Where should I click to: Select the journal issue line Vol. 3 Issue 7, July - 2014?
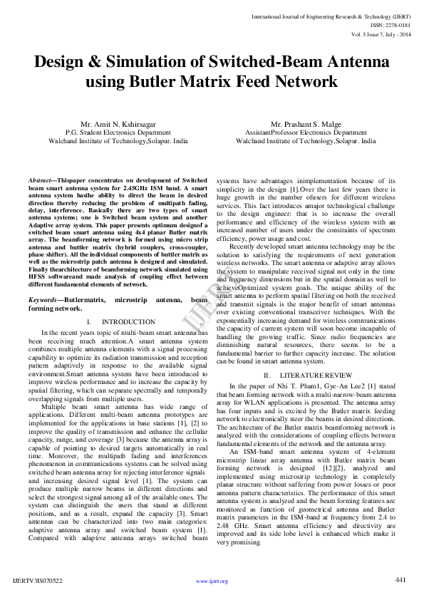click(381, 33)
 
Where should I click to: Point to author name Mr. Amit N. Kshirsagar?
click(118, 125)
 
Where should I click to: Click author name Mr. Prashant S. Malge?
click(306, 125)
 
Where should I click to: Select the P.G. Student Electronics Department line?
click(118, 133)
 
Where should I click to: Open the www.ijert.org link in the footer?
click(212, 581)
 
